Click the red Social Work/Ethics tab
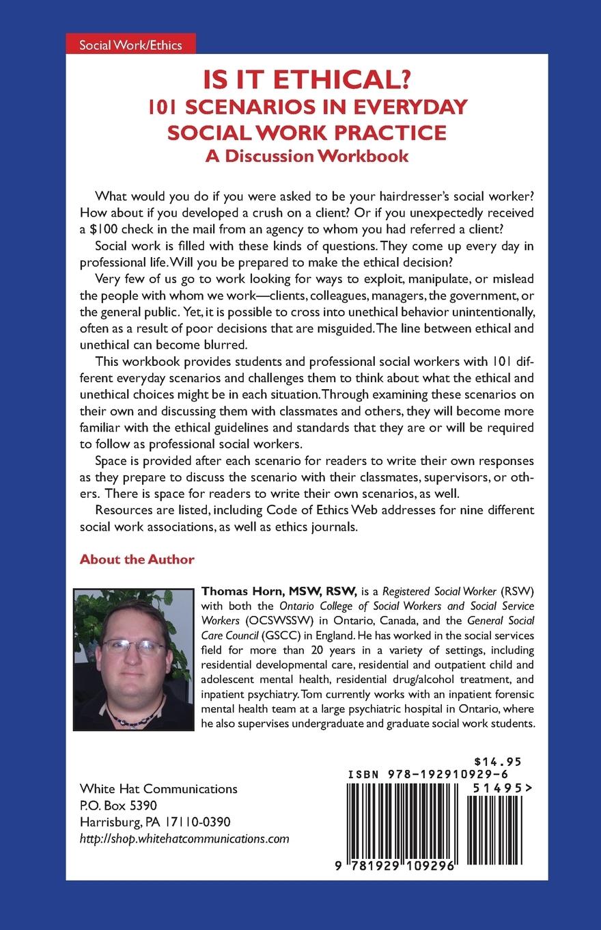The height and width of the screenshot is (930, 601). point(130,45)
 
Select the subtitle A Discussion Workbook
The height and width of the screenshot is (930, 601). point(307,155)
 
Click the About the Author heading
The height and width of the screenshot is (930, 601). point(137,559)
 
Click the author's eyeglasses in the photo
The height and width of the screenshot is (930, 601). point(133,646)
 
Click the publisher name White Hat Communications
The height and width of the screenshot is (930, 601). point(158,788)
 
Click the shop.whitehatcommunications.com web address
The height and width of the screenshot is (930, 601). point(184,838)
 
